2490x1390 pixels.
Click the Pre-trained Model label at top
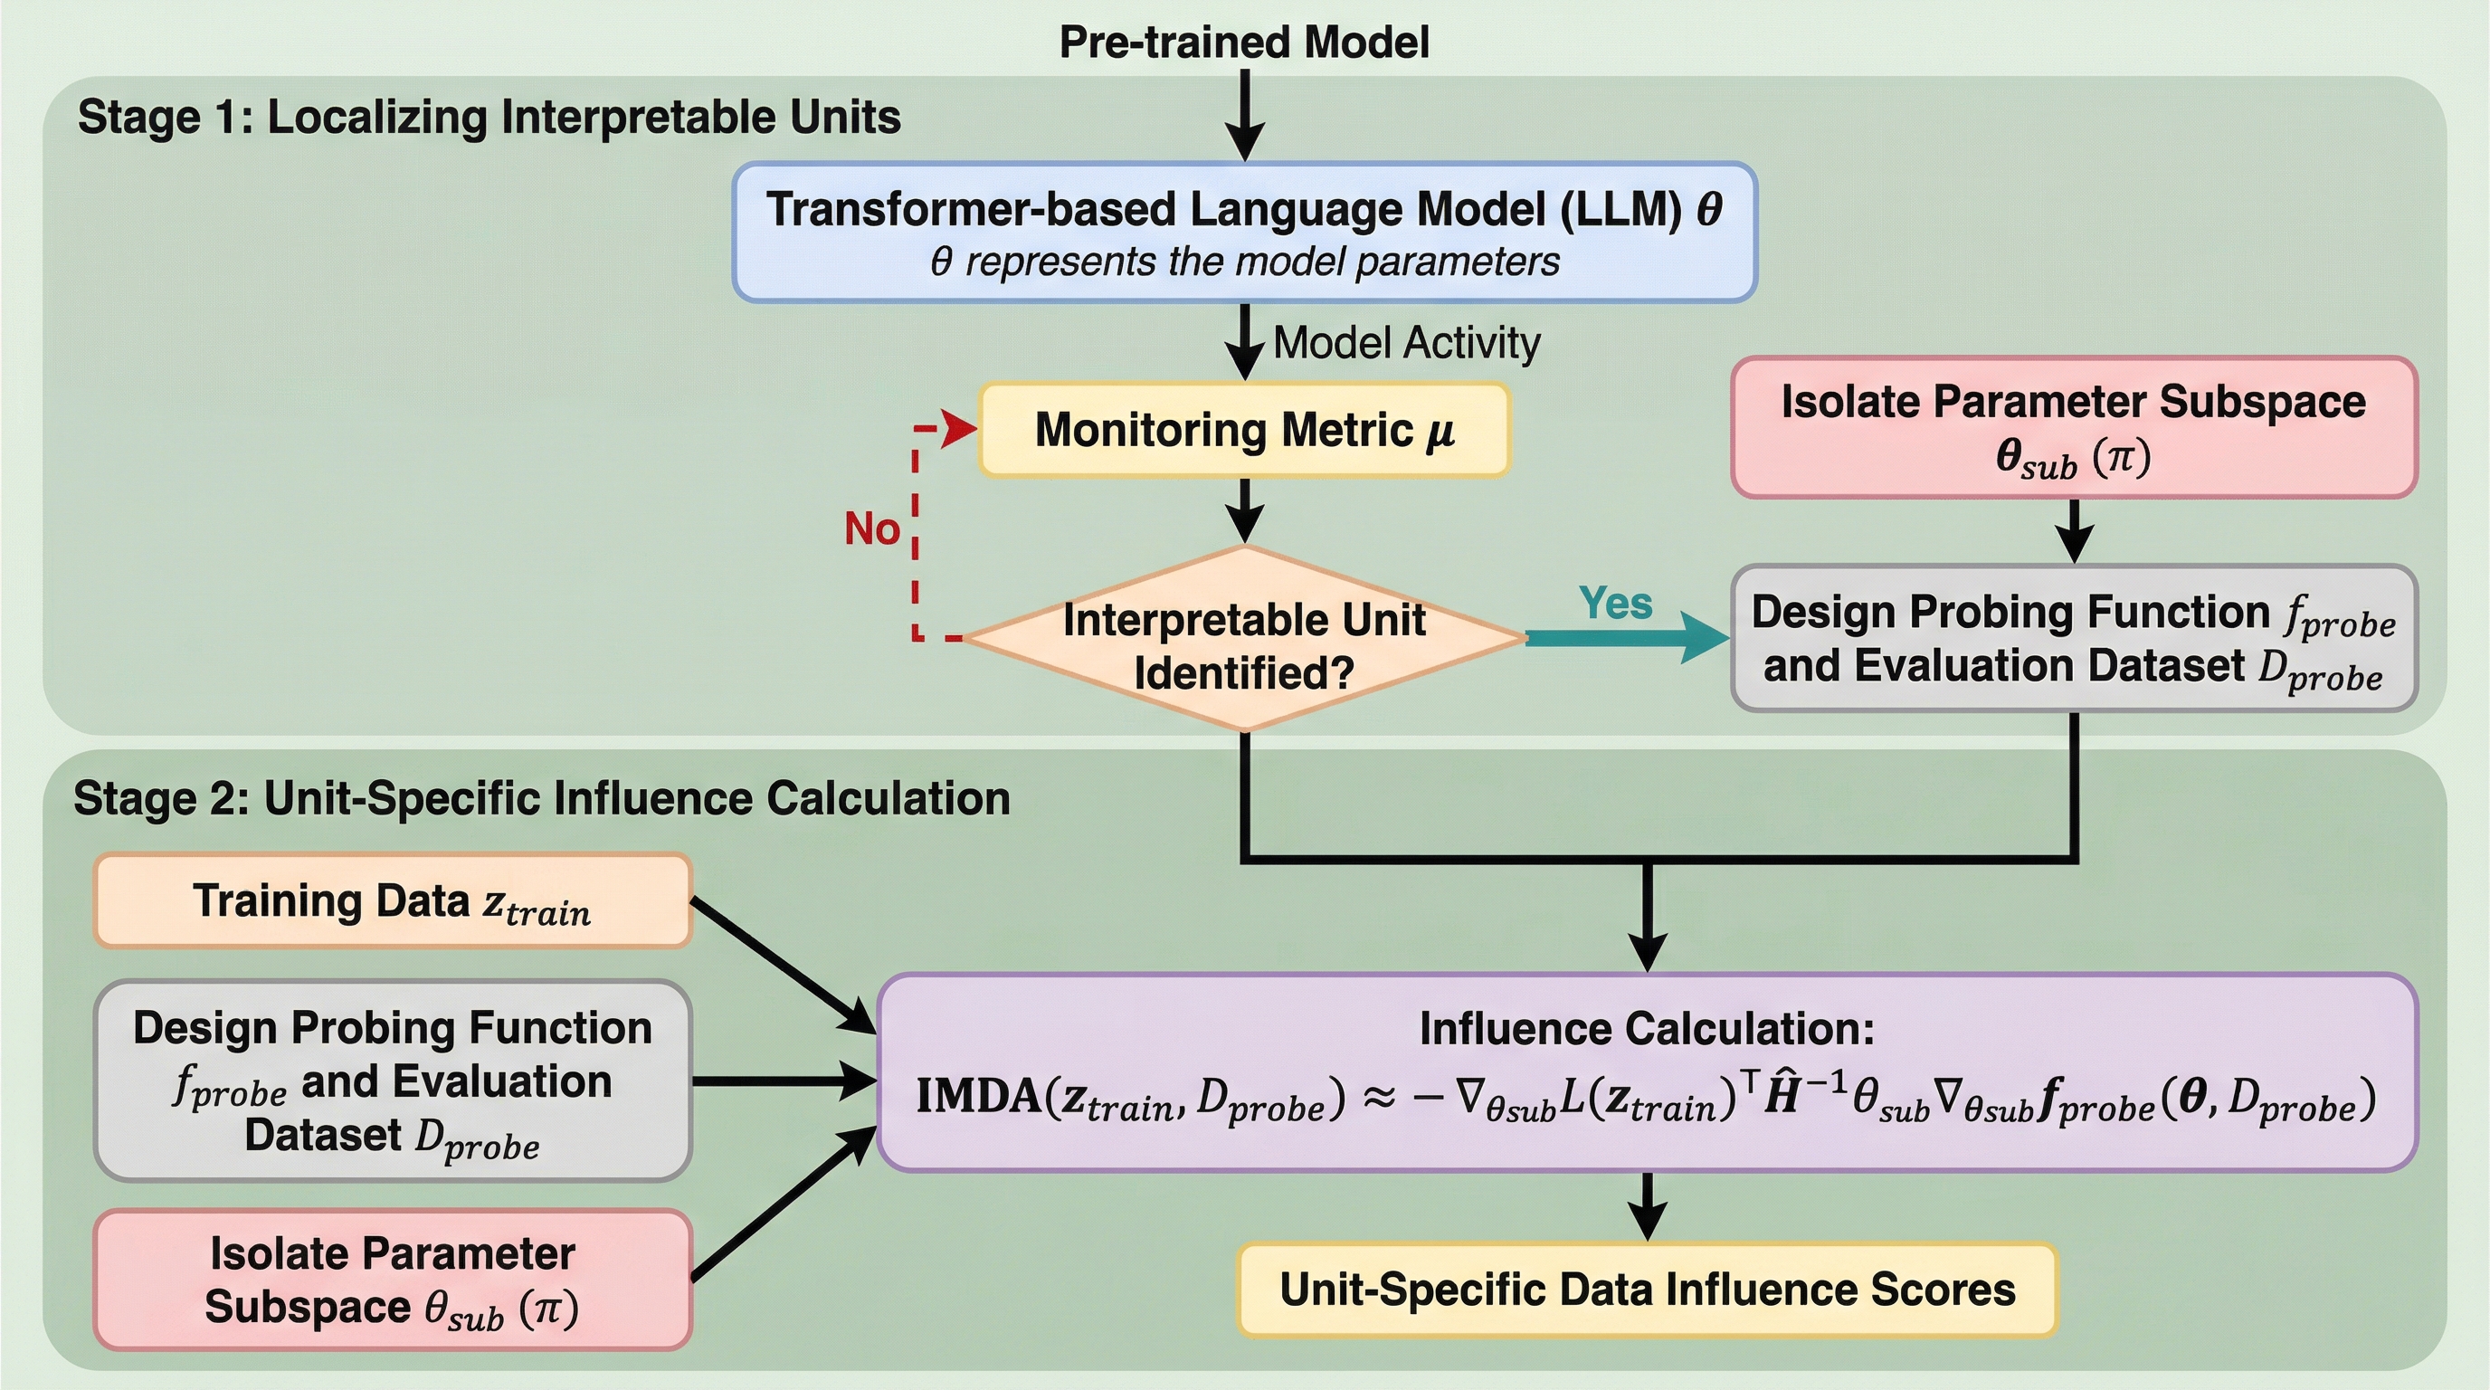(x=1244, y=43)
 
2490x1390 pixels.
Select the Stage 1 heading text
(x=489, y=117)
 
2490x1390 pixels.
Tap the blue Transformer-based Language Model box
(x=1244, y=233)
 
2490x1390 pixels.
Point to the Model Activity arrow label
(x=1406, y=343)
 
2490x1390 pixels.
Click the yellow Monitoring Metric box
(x=1244, y=430)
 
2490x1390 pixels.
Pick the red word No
(x=872, y=528)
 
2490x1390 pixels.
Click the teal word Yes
(x=1615, y=604)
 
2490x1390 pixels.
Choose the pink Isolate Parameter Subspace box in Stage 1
(x=2075, y=427)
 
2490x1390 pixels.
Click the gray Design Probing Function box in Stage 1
(x=2075, y=639)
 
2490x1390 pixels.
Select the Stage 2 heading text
(x=541, y=798)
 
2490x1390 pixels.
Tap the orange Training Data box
(x=393, y=901)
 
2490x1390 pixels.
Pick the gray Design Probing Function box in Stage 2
(x=393, y=1081)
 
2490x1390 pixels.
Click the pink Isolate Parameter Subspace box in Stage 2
(x=393, y=1280)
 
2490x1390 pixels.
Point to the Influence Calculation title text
(x=1647, y=1029)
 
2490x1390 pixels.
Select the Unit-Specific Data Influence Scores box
(x=1647, y=1290)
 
